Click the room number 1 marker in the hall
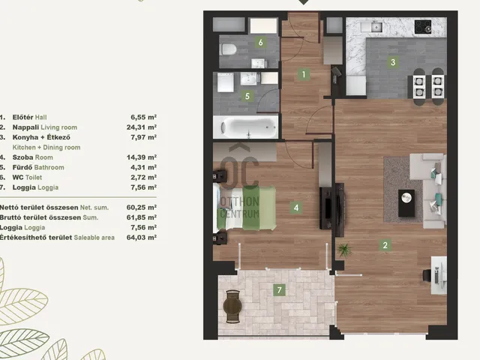point(304,74)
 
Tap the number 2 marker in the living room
point(385,245)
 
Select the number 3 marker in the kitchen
point(393,62)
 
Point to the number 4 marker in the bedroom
point(296,208)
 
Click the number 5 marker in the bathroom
point(247,97)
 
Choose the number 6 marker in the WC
point(260,42)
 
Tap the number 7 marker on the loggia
point(279,290)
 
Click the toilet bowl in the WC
point(228,49)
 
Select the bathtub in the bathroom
point(246,127)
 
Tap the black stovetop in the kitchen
point(423,27)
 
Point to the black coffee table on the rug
point(406,203)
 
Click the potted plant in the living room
point(345,250)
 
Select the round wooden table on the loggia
point(233,305)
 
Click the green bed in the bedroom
point(244,208)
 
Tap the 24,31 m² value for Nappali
point(142,127)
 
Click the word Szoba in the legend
point(22,157)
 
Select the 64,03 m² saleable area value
point(142,237)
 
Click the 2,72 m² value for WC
point(143,177)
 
